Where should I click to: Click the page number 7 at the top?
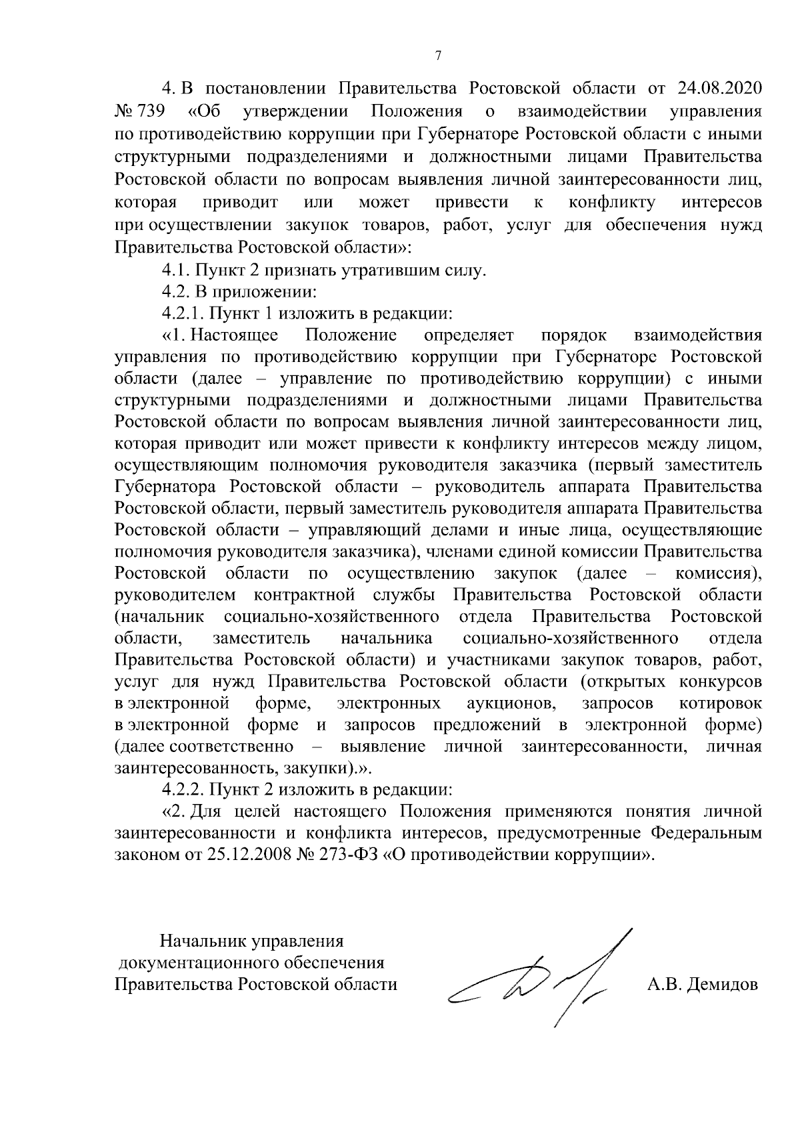[x=438, y=56]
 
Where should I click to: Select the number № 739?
[x=140, y=111]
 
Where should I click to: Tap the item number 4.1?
[x=176, y=271]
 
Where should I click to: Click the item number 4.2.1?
[x=183, y=313]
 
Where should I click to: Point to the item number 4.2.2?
[x=183, y=790]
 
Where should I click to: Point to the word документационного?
[x=198, y=963]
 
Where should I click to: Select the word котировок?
[x=720, y=703]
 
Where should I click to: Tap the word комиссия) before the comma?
[x=719, y=573]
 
